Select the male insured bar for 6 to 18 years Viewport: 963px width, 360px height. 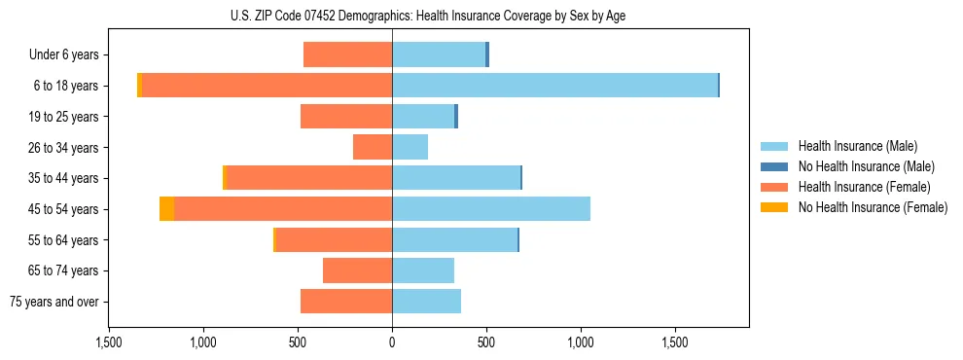554,86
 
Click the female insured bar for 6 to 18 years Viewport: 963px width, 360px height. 267,86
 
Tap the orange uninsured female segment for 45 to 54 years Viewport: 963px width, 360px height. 167,209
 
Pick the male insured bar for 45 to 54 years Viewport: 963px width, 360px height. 491,209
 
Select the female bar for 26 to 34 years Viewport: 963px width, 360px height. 373,147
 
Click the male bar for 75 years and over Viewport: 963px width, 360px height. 426,302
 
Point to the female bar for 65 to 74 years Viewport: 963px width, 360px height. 357,270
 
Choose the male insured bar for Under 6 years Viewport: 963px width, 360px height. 438,54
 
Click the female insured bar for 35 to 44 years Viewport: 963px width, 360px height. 308,178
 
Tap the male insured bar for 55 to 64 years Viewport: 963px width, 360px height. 454,239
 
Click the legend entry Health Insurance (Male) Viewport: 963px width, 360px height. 857,146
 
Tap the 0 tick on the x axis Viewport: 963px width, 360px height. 392,343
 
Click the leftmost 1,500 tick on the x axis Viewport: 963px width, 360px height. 109,343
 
